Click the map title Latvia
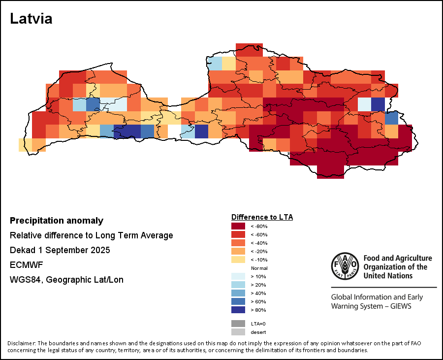coord(31,19)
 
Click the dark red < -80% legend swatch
coord(238,226)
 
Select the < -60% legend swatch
coord(238,234)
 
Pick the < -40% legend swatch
coord(238,243)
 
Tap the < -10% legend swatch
coord(238,260)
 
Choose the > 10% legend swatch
coord(238,276)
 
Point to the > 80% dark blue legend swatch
coord(238,310)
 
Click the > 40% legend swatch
coord(238,293)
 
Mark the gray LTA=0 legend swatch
coord(238,324)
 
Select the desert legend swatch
coord(238,332)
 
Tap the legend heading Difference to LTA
coord(262,217)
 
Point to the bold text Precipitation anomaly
coord(57,221)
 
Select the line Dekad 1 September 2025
coord(60,250)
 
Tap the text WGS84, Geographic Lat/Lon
coord(66,280)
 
